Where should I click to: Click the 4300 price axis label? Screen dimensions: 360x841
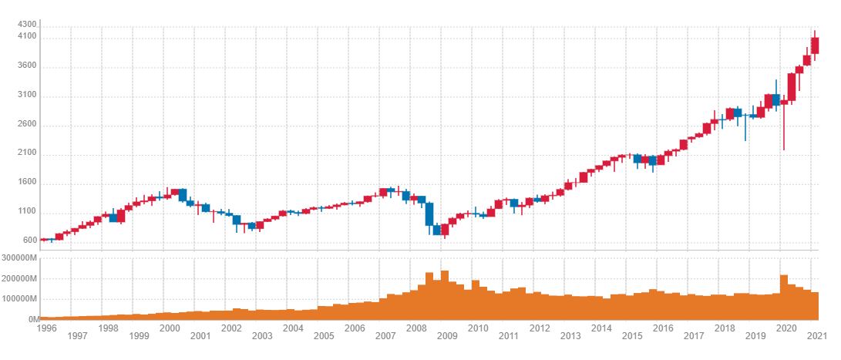click(x=28, y=25)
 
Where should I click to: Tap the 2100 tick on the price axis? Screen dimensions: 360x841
click(x=28, y=154)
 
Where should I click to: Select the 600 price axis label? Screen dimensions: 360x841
click(x=30, y=241)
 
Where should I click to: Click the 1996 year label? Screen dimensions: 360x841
click(x=48, y=328)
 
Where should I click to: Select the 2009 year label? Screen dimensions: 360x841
click(x=447, y=336)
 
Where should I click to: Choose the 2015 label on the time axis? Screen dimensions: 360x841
click(x=632, y=336)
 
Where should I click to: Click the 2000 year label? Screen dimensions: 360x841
click(x=170, y=328)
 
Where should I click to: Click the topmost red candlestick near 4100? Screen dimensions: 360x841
click(x=815, y=45)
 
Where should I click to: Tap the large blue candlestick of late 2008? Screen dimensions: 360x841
click(x=429, y=214)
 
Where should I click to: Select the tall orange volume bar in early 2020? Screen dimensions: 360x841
click(x=784, y=297)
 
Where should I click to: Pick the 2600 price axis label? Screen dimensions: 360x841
click(x=28, y=125)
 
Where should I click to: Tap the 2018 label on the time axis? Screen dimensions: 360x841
click(x=725, y=328)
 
